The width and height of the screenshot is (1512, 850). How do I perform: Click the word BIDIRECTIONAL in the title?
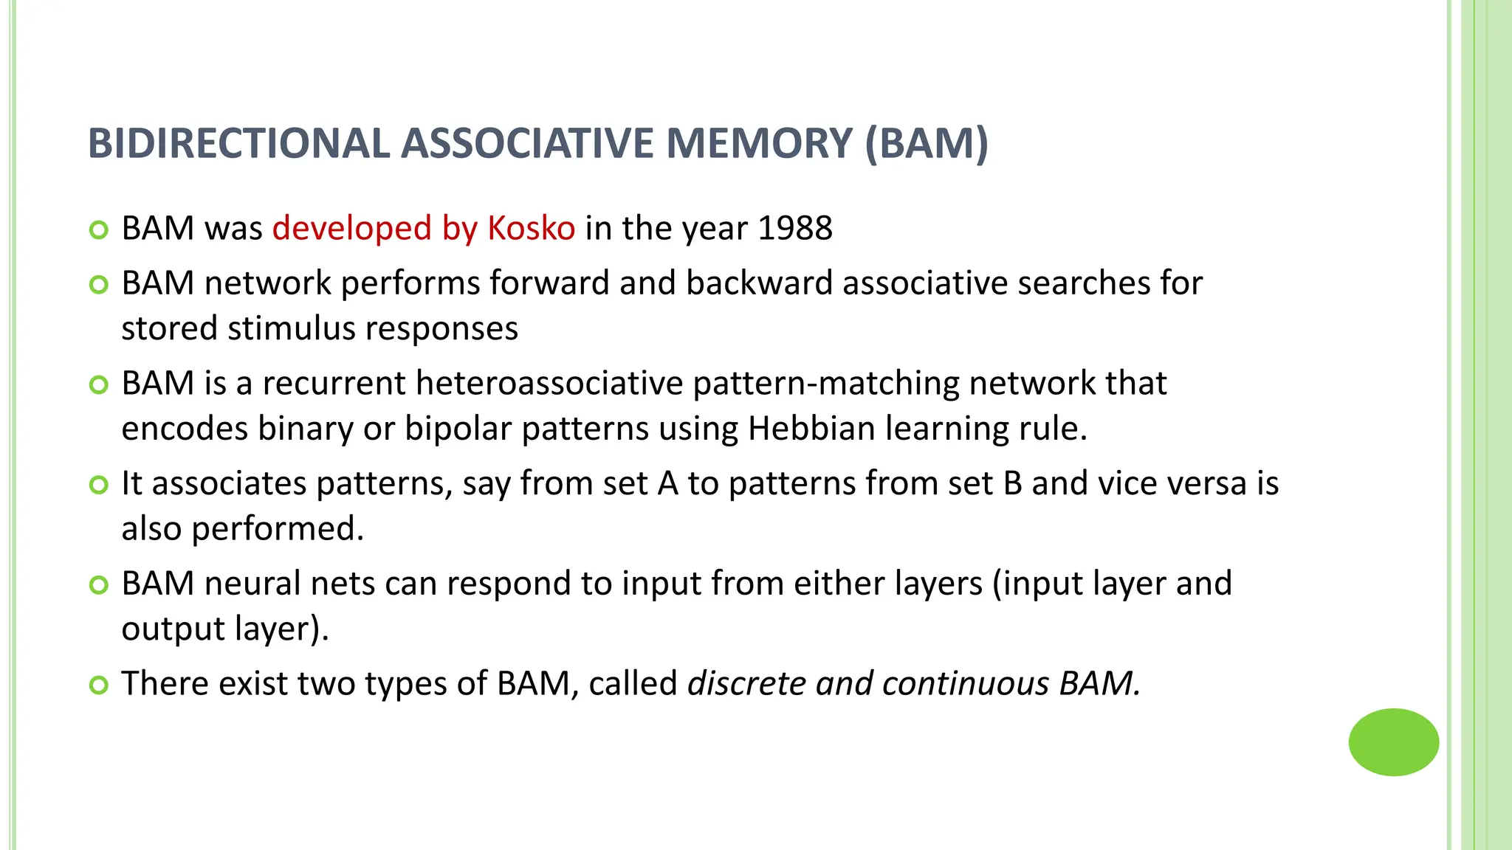[238, 143]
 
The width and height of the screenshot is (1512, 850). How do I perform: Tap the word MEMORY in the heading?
[759, 143]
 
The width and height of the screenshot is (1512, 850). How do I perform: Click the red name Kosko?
[531, 228]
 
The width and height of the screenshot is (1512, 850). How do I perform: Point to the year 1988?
[795, 228]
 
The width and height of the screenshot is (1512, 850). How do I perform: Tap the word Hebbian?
[811, 429]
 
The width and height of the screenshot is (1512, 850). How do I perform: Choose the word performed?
[278, 529]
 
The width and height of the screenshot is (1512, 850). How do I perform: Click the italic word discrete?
[746, 683]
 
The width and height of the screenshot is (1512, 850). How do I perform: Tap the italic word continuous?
[965, 683]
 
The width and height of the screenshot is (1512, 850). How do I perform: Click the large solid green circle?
[1393, 742]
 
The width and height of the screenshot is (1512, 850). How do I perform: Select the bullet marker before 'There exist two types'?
[98, 685]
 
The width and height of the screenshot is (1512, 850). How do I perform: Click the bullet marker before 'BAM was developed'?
[98, 230]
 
